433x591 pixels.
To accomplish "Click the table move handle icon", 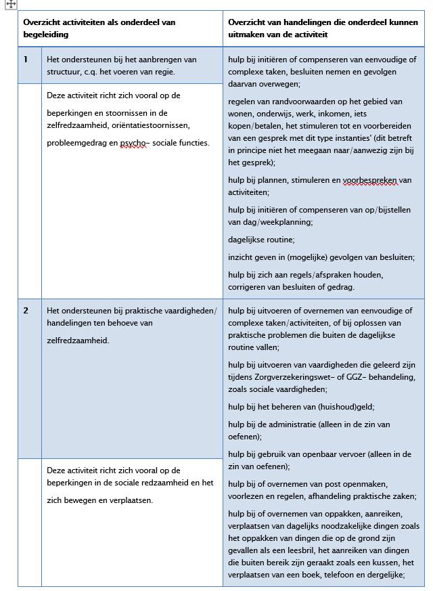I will click(x=11, y=4).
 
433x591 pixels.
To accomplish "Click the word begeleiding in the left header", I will click(x=46, y=35).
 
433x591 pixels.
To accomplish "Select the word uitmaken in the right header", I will click(x=245, y=35).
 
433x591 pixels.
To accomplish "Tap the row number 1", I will click(x=26, y=60).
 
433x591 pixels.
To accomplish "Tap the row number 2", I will click(x=26, y=311).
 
